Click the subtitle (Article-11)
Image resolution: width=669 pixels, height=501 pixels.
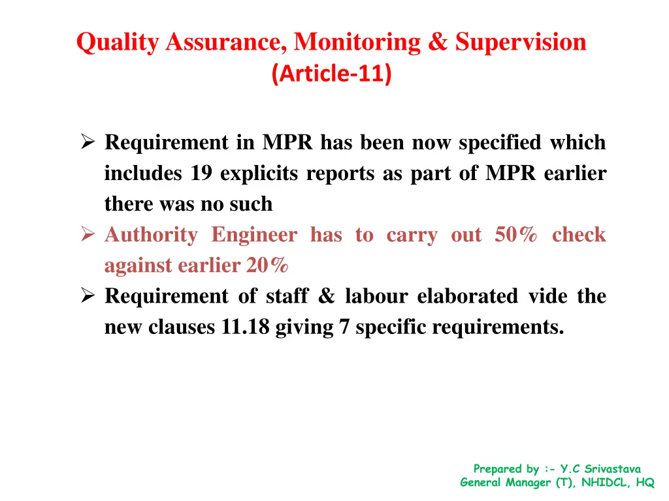point(331,74)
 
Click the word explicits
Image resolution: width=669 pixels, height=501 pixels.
point(259,174)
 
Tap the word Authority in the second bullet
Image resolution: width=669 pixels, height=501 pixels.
point(151,235)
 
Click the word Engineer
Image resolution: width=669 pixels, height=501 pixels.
point(254,235)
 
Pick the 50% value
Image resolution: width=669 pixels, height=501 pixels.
point(516,235)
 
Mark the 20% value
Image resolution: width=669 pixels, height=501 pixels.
point(267,266)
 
